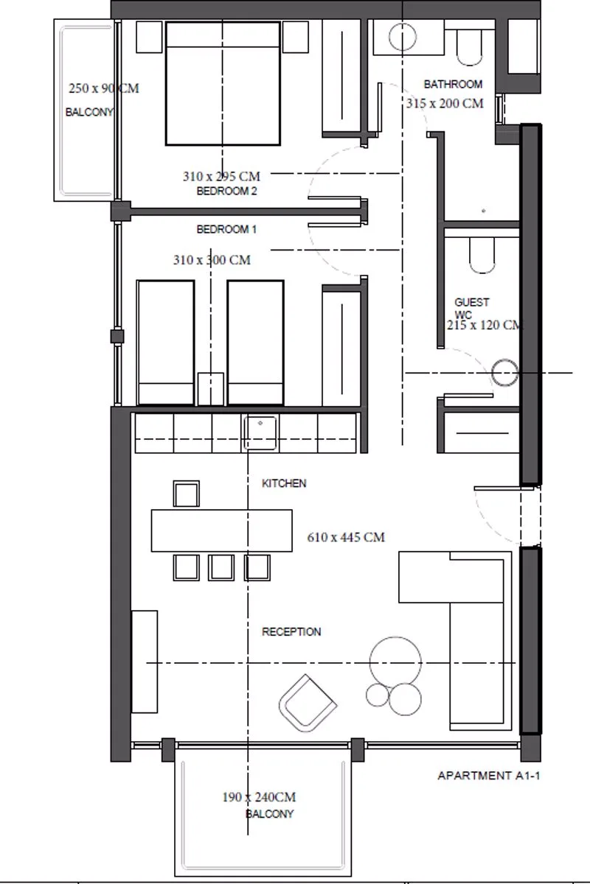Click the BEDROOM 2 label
pos(227,191)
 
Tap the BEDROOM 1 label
pos(226,229)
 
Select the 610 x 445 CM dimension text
pos(346,537)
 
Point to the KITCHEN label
pos(284,483)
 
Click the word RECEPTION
pos(291,632)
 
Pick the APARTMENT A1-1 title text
pos(488,776)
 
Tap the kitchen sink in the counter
pos(260,432)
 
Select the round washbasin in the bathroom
pos(402,37)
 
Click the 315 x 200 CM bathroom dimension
pos(445,103)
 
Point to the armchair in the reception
pos(308,703)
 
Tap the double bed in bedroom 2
pos(223,84)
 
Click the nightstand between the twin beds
pos(211,389)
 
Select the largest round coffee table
pos(395,662)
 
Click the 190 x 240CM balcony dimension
pos(259,797)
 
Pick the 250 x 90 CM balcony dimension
pos(103,88)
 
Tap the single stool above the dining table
pos(186,494)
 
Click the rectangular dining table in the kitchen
pos(222,530)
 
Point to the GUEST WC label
pos(472,309)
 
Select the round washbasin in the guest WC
pos(504,372)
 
